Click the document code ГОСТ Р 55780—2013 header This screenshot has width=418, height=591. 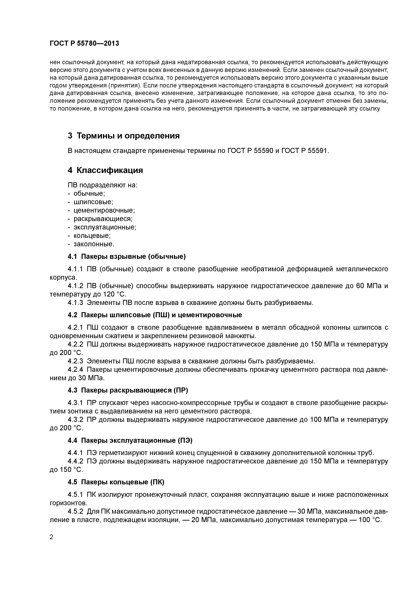pos(84,43)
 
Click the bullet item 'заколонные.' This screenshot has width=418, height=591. pos(94,244)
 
